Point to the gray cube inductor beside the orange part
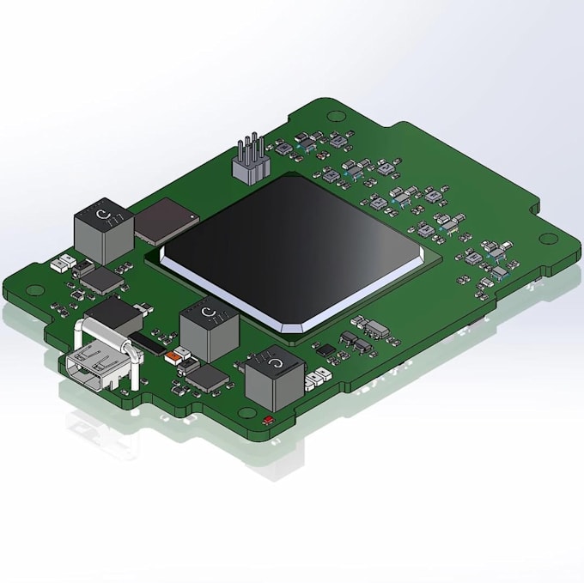point(210,331)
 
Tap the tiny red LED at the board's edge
point(268,420)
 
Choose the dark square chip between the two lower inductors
point(205,378)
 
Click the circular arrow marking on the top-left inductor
point(103,213)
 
